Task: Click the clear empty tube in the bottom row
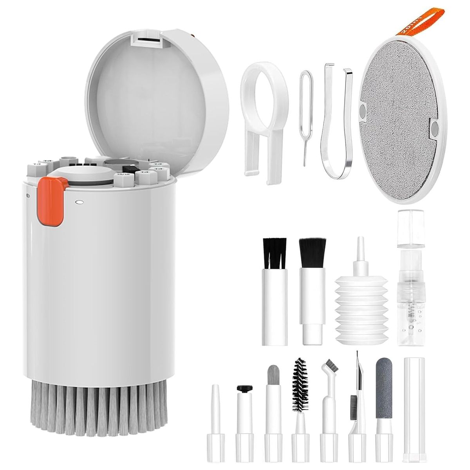point(412,411)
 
